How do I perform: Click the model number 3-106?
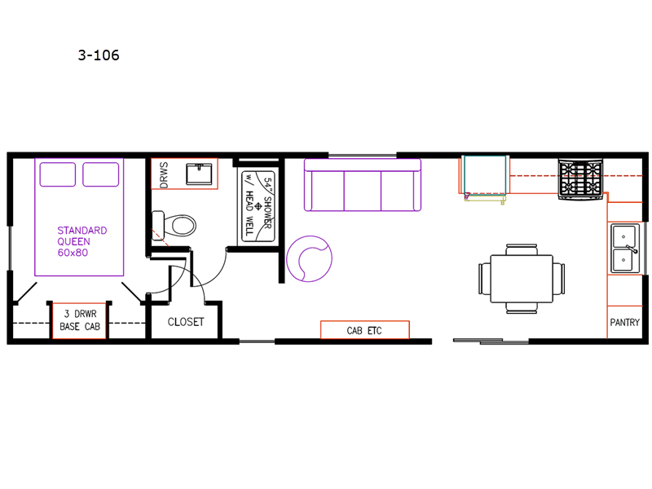point(99,55)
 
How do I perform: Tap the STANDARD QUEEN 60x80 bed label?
point(82,241)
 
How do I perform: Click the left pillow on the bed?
point(57,174)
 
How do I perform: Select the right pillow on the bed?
point(100,174)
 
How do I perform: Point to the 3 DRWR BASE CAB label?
point(80,320)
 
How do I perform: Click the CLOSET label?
point(186,322)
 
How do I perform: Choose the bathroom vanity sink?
point(199,174)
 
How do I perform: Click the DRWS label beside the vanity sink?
point(164,175)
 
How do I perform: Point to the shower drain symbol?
point(258,206)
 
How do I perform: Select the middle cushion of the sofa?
point(362,191)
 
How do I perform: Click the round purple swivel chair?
point(309,258)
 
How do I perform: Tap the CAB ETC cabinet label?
point(364,331)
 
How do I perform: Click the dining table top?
point(522,279)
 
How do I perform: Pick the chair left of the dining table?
point(485,279)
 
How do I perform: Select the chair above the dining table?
point(522,249)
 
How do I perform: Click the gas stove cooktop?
point(580,179)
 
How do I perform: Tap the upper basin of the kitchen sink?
point(623,236)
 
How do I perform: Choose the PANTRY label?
point(624,322)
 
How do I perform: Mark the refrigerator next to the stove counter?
point(485,175)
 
